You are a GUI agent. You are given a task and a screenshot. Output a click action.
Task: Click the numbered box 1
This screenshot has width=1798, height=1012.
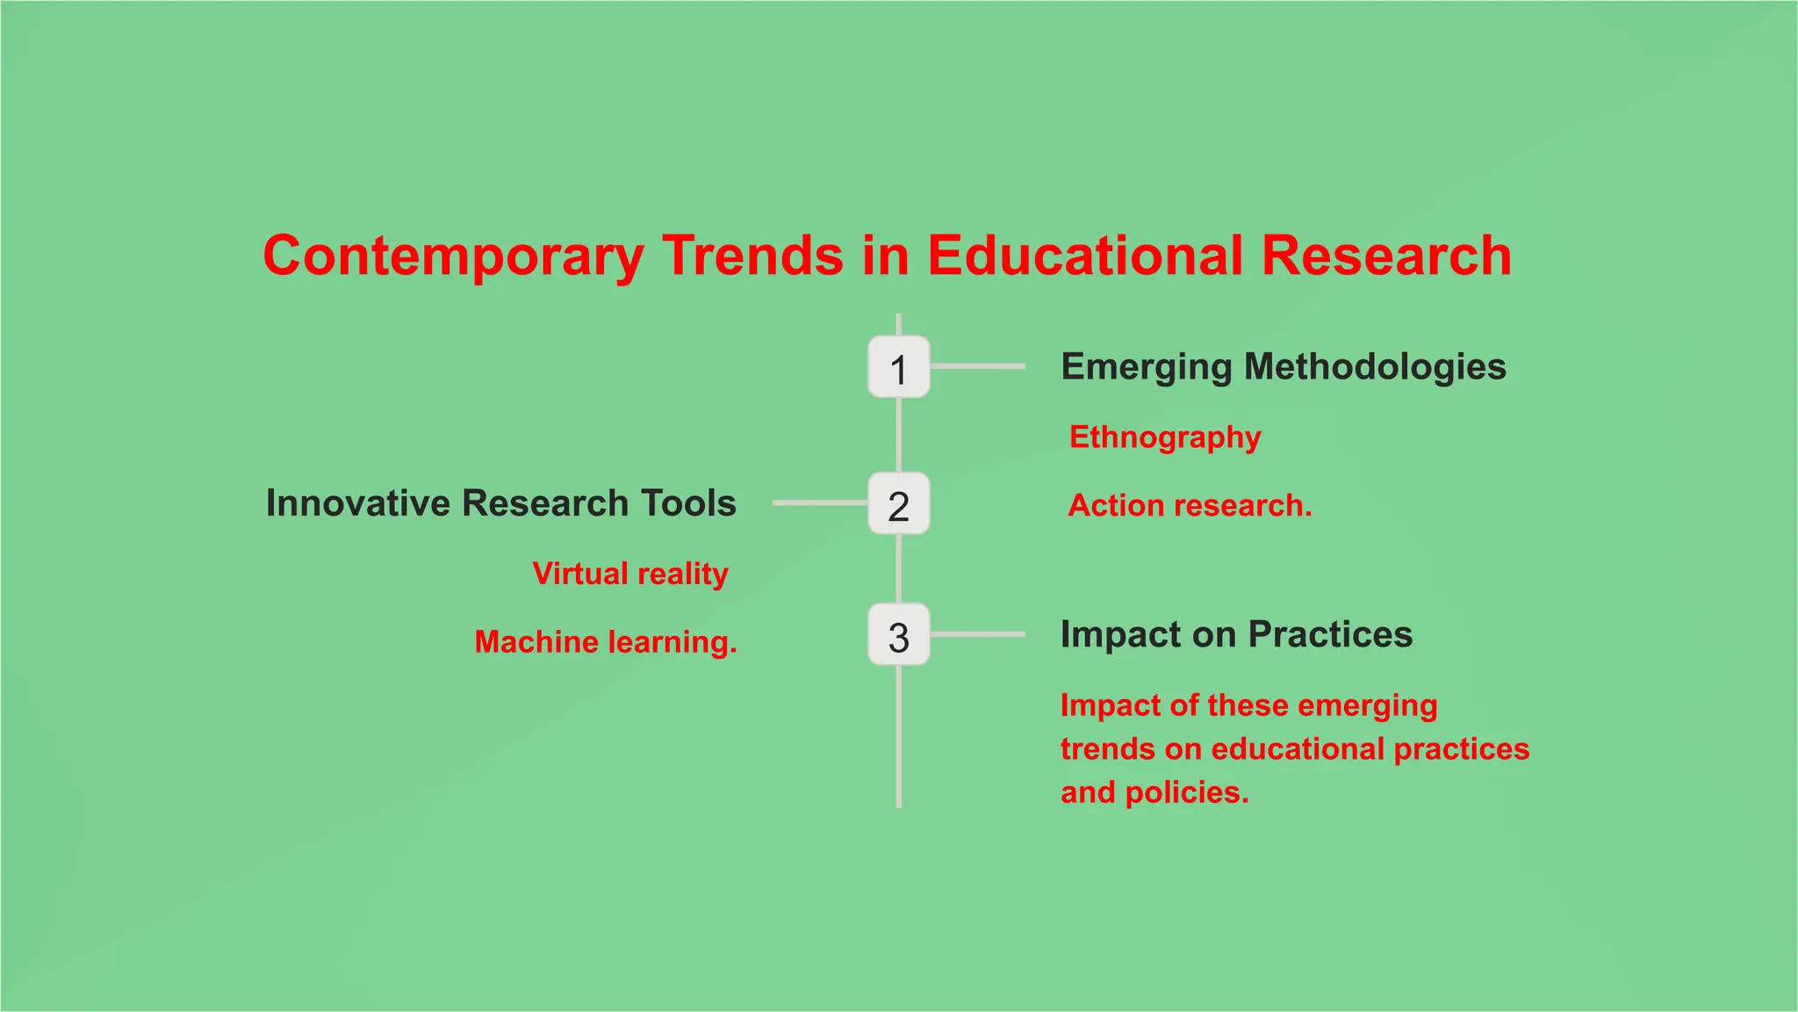point(898,367)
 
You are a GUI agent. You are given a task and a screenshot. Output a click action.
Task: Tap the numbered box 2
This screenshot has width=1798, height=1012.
point(898,504)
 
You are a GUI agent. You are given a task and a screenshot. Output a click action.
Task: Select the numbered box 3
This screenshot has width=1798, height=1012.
point(898,635)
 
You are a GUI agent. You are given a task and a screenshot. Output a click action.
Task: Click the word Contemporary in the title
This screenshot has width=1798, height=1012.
point(453,257)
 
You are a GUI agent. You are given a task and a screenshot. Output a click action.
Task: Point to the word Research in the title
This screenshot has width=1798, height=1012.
point(1386,257)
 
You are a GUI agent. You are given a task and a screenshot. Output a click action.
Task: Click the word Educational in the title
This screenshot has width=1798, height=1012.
point(1084,257)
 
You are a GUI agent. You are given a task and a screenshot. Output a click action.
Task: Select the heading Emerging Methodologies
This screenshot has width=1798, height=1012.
point(1283,367)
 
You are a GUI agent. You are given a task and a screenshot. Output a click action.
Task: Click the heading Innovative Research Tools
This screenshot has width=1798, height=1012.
point(500,503)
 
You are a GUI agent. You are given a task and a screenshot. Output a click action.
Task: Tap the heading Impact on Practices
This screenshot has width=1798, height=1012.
point(1236,634)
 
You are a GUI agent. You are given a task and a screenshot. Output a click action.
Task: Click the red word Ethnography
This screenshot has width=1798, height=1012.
point(1164,437)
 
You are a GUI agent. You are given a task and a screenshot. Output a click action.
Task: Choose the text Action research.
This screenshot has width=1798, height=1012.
point(1190,506)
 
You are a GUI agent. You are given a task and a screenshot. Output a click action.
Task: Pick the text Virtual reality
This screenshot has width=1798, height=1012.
point(630,575)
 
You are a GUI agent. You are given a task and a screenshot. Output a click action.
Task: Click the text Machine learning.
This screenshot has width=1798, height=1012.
point(606,642)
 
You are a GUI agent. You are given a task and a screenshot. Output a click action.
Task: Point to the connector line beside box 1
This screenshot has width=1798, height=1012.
point(977,366)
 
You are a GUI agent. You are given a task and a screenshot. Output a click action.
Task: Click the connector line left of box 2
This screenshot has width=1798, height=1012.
point(820,502)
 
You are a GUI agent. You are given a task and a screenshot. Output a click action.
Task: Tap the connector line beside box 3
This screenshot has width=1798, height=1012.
point(977,634)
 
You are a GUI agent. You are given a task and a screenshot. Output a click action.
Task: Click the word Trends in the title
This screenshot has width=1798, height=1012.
point(752,257)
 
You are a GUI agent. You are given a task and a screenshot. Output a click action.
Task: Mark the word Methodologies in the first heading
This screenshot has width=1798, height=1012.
point(1375,367)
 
